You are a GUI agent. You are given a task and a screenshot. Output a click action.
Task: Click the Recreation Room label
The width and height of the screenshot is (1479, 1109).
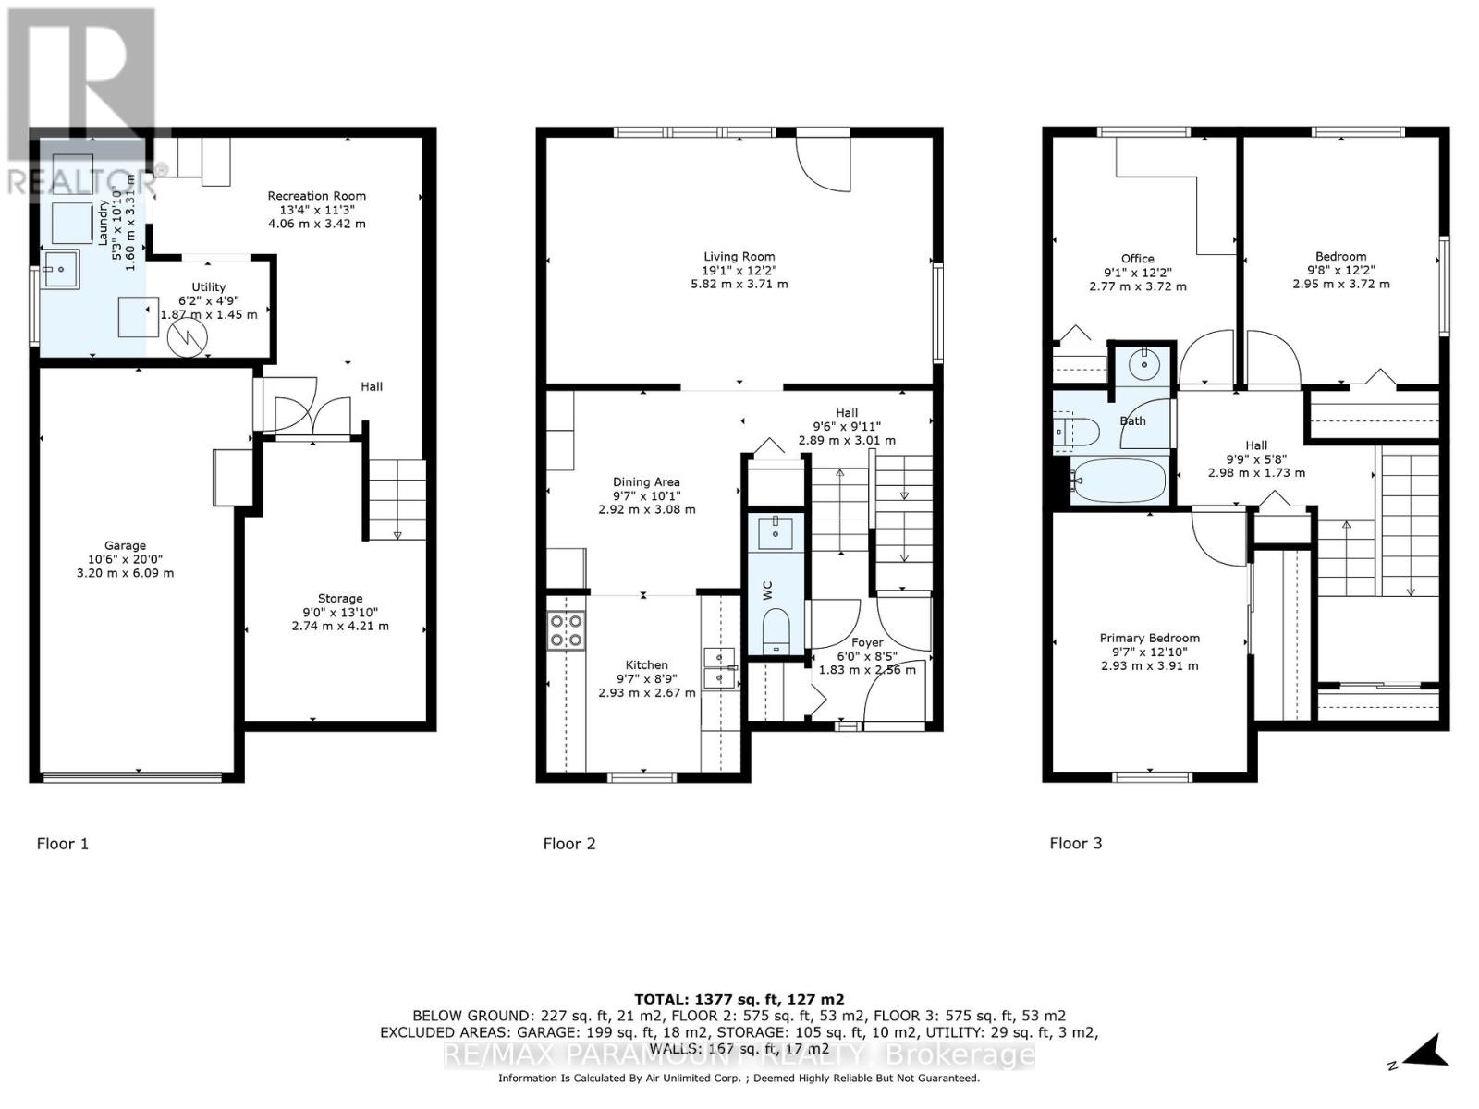click(x=316, y=196)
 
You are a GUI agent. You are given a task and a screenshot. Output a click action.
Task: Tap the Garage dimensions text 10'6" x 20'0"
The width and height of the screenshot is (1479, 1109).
click(x=125, y=559)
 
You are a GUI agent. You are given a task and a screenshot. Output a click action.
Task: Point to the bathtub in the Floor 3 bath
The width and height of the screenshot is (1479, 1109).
click(x=1120, y=481)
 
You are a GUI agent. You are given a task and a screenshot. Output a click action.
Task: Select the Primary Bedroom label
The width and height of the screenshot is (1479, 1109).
click(x=1149, y=638)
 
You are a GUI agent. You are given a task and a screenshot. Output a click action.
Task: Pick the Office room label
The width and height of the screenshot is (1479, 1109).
click(x=1137, y=259)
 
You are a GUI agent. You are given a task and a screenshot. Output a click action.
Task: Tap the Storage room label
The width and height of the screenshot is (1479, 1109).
click(x=339, y=599)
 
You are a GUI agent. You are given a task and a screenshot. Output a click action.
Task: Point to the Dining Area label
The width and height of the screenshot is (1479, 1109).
click(x=646, y=481)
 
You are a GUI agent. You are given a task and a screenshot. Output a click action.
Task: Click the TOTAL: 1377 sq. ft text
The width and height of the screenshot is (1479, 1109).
click(x=739, y=999)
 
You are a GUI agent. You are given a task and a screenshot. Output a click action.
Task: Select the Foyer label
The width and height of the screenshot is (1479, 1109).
click(x=867, y=642)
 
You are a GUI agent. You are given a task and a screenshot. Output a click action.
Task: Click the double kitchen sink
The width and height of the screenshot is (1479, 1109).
click(x=718, y=667)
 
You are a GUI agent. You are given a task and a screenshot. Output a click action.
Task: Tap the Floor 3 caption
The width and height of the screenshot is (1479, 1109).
click(x=1075, y=843)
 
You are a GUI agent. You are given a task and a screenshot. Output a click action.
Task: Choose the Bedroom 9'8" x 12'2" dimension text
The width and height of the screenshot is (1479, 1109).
click(x=1340, y=271)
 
